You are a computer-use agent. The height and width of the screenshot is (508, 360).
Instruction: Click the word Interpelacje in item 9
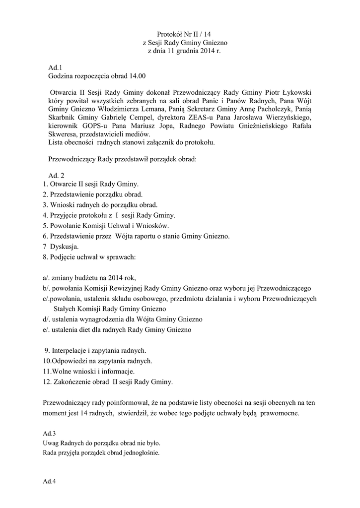pos(72,350)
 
